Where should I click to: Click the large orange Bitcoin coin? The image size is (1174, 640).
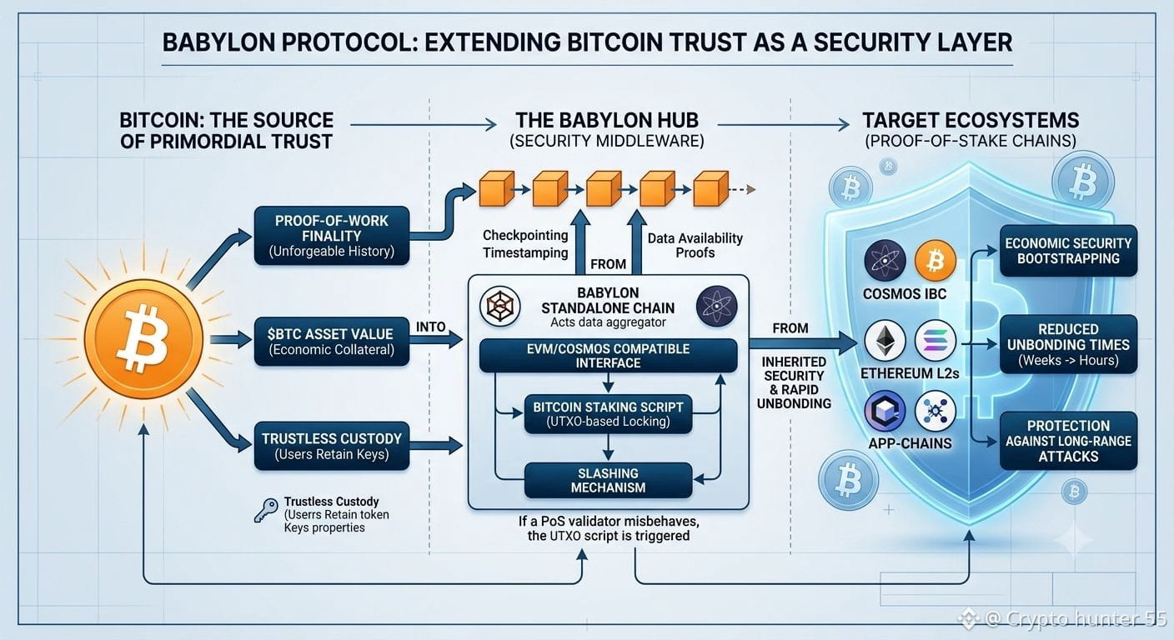pos(143,339)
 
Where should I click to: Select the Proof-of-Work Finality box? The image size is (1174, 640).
pos(331,236)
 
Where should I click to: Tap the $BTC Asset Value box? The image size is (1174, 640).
pos(331,342)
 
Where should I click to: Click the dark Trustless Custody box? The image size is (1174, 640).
pos(331,446)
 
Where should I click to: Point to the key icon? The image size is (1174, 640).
pos(266,510)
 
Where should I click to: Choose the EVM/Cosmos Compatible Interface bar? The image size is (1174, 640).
pos(608,356)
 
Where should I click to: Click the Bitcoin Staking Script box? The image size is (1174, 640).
pos(608,413)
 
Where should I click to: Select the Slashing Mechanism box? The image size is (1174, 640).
pos(608,480)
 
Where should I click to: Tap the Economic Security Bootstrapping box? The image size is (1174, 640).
pos(1068,251)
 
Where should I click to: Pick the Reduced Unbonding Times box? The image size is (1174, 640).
pos(1068,344)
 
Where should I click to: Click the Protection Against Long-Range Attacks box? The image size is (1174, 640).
pos(1068,441)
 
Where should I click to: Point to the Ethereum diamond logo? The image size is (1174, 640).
pos(885,341)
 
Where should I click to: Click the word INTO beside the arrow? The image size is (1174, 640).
pos(431,327)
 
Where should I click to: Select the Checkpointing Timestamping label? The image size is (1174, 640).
pos(525,244)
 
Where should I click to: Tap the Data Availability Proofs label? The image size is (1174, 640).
pos(695,245)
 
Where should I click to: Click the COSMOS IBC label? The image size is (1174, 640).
pos(905,294)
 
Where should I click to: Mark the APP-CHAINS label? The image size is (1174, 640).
pos(910,443)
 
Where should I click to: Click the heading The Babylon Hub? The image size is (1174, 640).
pos(607,121)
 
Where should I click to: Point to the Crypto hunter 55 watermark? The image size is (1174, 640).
pos(1065,619)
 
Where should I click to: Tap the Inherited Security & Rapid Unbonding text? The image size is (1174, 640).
pos(794,382)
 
